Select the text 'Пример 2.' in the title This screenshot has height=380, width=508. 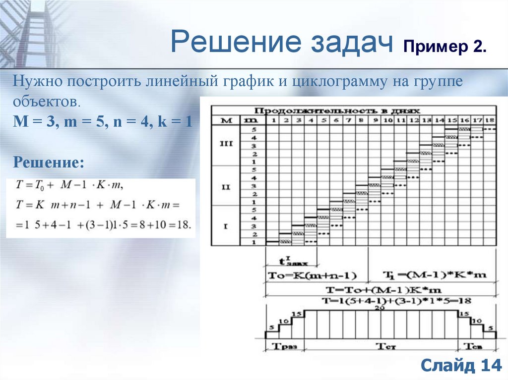point(444,49)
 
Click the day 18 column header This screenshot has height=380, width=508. point(490,120)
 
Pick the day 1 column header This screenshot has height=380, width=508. point(272,120)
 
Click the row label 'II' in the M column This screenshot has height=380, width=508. point(224,187)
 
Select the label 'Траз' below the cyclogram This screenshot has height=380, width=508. point(285,346)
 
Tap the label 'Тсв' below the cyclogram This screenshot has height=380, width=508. point(476,346)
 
